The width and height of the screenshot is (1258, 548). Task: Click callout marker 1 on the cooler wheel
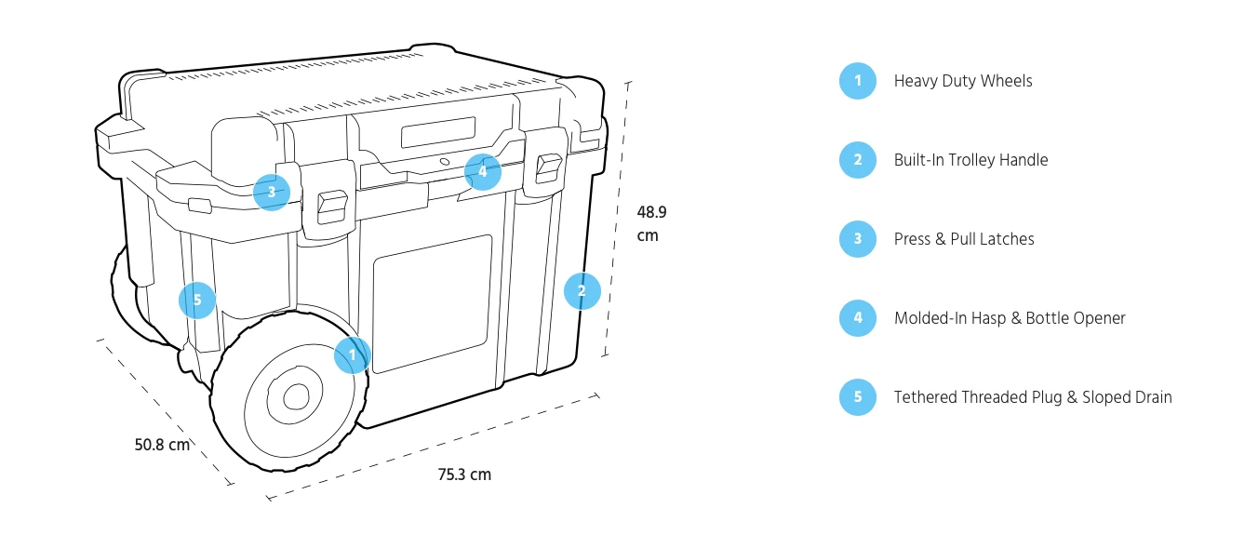pos(353,354)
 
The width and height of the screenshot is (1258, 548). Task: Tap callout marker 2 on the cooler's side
pos(582,290)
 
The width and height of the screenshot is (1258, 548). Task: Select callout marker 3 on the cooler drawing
pos(272,193)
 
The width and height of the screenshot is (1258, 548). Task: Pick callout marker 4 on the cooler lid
pos(483,171)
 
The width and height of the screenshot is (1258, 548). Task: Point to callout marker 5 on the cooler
pos(197,300)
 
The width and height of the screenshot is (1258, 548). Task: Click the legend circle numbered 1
pos(857,81)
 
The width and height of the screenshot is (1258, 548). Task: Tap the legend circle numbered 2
pos(857,160)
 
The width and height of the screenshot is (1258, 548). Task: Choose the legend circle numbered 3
pos(857,239)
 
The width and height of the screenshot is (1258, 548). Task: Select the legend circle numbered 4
pos(857,318)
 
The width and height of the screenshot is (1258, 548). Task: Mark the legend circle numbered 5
pos(857,397)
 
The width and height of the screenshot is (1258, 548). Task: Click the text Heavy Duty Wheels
pos(963,81)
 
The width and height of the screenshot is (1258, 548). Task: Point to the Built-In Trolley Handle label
pos(970,160)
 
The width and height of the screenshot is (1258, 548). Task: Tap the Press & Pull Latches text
pos(964,239)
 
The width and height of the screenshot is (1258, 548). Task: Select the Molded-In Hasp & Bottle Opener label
pos(1010,318)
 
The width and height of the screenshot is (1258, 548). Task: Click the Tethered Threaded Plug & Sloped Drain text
pos(1033,397)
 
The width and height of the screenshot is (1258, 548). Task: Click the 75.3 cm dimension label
pos(464,474)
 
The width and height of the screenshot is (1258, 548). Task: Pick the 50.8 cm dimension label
pos(162,445)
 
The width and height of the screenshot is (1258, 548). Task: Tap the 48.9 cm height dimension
pos(651,223)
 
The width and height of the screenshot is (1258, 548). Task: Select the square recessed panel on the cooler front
pos(432,303)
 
